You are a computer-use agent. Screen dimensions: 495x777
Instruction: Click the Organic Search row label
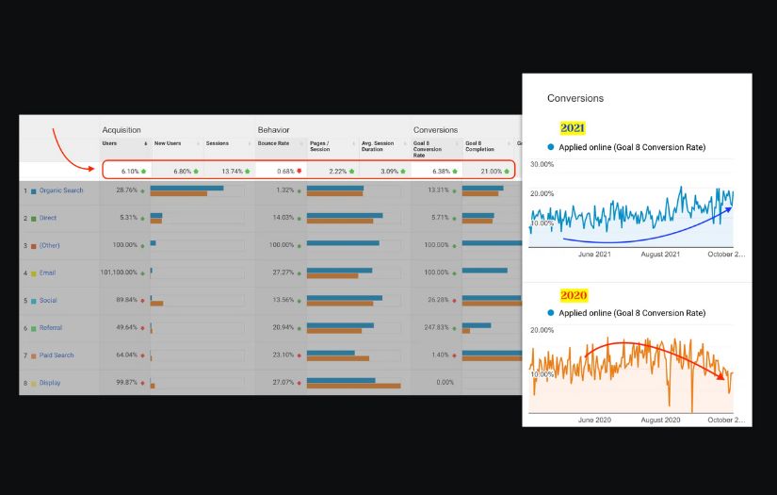click(x=61, y=190)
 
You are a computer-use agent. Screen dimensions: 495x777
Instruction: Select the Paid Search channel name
click(x=57, y=355)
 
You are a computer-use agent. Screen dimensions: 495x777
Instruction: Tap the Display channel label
click(x=49, y=383)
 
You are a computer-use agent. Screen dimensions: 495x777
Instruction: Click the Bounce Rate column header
click(x=273, y=143)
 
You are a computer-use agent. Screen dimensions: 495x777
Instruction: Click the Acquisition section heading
click(x=121, y=130)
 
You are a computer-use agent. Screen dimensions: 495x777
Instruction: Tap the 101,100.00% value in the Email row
click(x=120, y=272)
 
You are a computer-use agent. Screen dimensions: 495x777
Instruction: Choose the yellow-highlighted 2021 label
click(x=573, y=127)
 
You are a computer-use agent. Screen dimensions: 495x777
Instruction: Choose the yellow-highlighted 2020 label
click(x=574, y=295)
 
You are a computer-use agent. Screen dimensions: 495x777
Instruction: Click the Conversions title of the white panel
click(x=575, y=98)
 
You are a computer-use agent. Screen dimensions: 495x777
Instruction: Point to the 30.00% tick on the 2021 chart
click(x=541, y=164)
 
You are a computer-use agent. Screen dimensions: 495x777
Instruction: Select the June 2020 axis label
click(x=594, y=420)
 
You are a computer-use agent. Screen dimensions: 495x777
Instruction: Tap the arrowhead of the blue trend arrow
click(x=731, y=208)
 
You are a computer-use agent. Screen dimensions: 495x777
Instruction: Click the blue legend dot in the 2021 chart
click(x=551, y=148)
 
